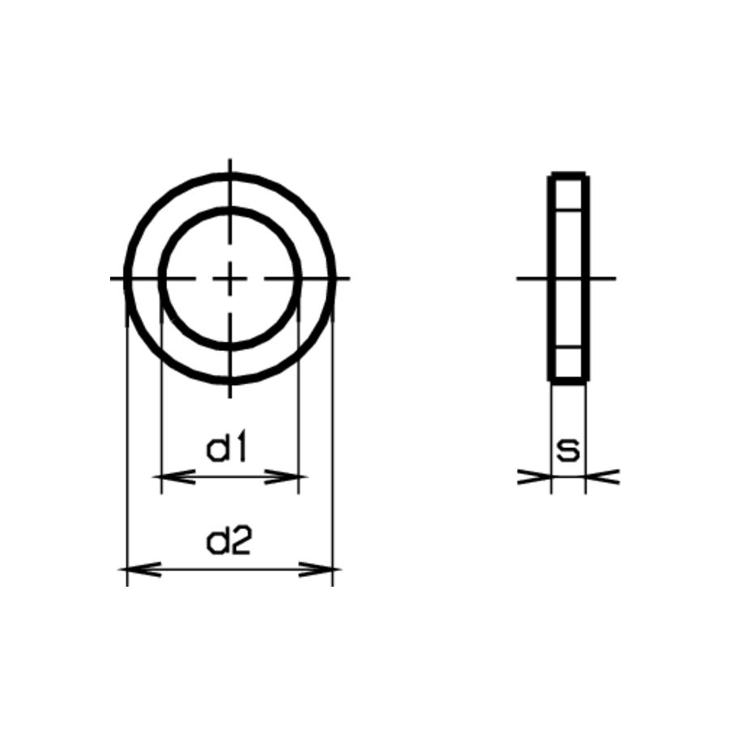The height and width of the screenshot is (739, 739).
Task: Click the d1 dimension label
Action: pyautogui.click(x=227, y=449)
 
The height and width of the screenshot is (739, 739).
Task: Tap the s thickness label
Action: pyautogui.click(x=568, y=451)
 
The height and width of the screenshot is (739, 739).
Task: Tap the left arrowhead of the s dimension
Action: pyautogui.click(x=535, y=476)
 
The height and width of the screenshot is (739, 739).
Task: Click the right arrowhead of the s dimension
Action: pyautogui.click(x=602, y=476)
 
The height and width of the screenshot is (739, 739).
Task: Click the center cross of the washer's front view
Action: pyautogui.click(x=230, y=279)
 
